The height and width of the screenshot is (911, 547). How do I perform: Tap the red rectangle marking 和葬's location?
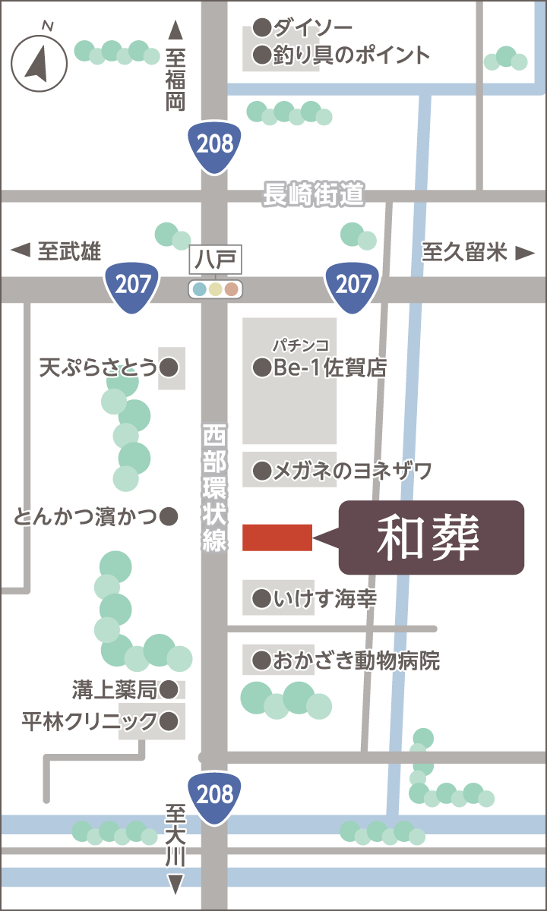[277, 537]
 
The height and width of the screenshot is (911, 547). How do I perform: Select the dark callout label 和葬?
[431, 537]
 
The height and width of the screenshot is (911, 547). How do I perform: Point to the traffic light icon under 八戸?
[215, 288]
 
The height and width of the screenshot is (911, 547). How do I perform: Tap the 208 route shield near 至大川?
[215, 796]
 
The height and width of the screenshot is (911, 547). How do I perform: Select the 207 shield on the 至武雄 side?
[133, 285]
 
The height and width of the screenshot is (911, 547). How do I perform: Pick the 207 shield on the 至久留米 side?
[353, 285]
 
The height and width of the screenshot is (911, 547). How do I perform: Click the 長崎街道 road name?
[313, 194]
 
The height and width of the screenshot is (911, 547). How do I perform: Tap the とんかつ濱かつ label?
[85, 517]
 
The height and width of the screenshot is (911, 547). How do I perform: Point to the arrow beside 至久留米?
[525, 253]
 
